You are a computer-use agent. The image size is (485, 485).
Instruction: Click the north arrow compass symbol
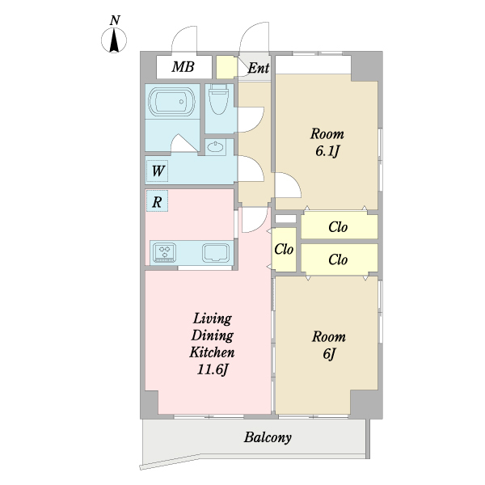point(114,40)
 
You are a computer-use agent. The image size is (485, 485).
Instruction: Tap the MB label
point(183,67)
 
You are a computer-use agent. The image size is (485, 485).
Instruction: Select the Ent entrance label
point(259,68)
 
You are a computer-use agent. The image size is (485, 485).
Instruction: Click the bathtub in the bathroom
point(171,102)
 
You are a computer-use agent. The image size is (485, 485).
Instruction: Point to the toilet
point(218,99)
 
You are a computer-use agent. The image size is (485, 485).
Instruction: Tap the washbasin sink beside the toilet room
point(216,146)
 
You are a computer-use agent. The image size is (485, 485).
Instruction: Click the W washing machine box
point(157,171)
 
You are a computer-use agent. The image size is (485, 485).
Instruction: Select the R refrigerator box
point(157,201)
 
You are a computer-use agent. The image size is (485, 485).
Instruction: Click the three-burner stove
point(165,252)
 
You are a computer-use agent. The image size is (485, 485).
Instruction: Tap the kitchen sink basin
point(216,253)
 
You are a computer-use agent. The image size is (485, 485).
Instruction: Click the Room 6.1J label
point(327,142)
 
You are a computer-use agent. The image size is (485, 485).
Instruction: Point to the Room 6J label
point(329,345)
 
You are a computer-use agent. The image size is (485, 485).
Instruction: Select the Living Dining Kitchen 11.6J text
point(212,344)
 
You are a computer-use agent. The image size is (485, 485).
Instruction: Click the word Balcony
point(268,437)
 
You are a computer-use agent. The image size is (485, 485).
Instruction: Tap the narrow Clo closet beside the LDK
point(284,249)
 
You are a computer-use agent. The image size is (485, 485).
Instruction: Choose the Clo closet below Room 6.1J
point(339,226)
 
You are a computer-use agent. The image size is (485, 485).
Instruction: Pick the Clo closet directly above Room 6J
point(339,259)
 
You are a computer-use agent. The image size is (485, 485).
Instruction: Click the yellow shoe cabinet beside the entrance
point(226,67)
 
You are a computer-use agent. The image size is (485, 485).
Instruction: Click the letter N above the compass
point(115,20)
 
